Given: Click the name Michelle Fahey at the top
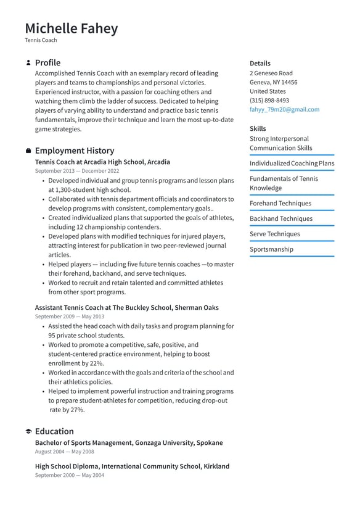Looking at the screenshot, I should (x=71, y=28).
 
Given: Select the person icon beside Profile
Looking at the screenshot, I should (x=28, y=63).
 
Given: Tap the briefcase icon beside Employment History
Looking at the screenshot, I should (x=28, y=151).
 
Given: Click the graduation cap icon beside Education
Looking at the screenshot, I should (x=28, y=431).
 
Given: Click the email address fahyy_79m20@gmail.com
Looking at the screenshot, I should (x=284, y=109).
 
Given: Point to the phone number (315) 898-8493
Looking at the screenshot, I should (x=269, y=100).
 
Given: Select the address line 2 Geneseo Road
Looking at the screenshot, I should (x=271, y=73).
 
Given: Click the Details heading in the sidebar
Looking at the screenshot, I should (x=260, y=63).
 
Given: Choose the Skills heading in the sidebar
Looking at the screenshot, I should (x=258, y=128).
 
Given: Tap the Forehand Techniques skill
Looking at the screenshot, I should (x=280, y=203).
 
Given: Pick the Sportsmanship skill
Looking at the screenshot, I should (x=271, y=249).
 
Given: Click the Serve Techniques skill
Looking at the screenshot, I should (x=274, y=234).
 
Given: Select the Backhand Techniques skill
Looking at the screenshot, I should (x=280, y=218).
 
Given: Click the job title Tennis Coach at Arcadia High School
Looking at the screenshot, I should (x=102, y=162).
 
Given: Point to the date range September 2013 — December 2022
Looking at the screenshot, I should (x=77, y=171).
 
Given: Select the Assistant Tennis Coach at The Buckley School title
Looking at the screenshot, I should (x=126, y=307).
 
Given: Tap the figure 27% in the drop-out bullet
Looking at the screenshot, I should (x=76, y=410).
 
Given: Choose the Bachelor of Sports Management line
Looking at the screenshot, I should (x=129, y=442).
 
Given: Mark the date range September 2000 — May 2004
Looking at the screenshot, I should (x=70, y=476).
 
